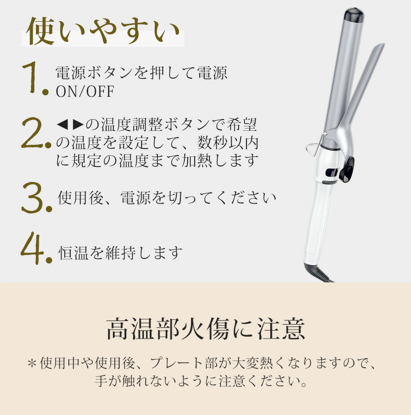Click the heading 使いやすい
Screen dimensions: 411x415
[103, 31]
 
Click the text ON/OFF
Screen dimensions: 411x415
[85, 91]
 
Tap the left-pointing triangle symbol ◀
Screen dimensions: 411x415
[63, 125]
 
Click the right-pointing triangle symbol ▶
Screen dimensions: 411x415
[78, 125]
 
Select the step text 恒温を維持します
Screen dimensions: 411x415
[121, 253]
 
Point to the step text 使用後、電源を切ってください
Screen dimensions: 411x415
[167, 198]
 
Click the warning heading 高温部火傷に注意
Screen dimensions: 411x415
[205, 329]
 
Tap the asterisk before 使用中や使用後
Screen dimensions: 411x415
[32, 363]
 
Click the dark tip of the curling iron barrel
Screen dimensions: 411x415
[354, 14]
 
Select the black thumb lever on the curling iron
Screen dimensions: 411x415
[347, 170]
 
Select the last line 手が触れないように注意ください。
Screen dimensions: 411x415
[201, 381]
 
